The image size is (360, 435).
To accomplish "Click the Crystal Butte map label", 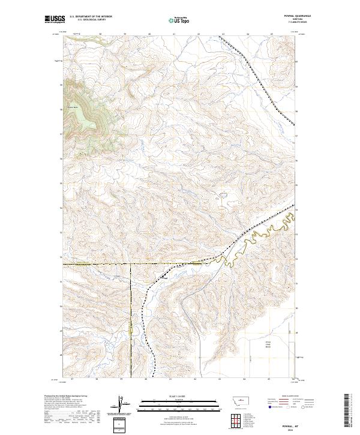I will coord(74,109).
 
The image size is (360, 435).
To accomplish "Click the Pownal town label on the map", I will coord(163,277).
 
